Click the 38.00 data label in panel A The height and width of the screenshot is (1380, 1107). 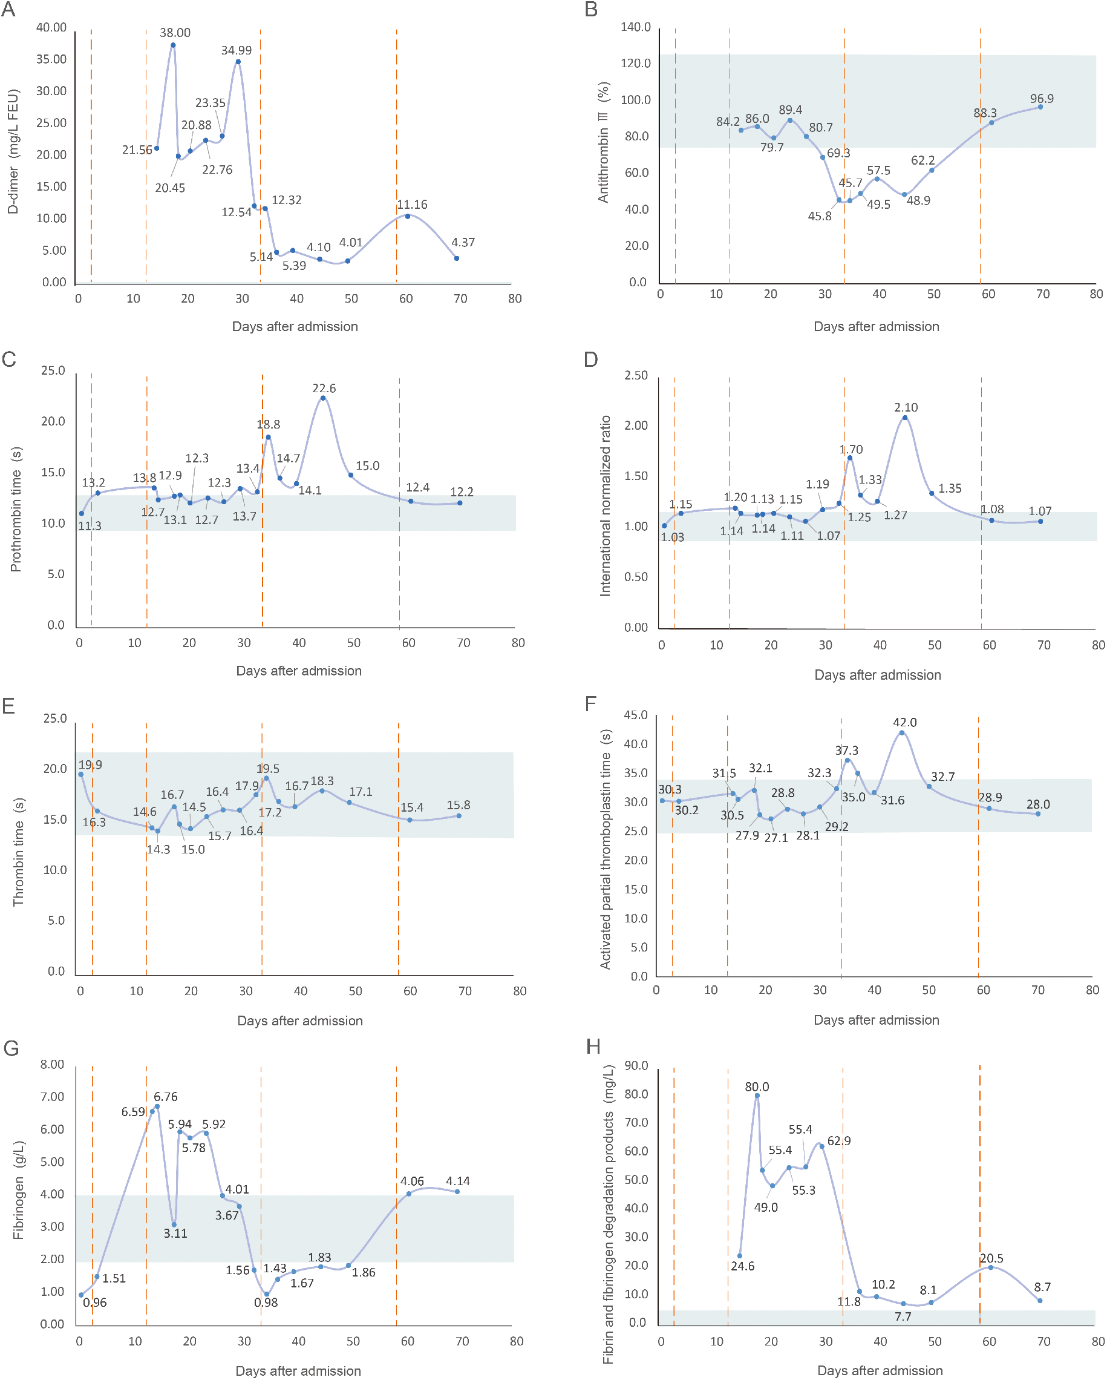pyautogui.click(x=175, y=33)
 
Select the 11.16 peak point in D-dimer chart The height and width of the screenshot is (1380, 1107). pyautogui.click(x=408, y=216)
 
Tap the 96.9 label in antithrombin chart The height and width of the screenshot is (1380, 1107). pyautogui.click(x=1041, y=99)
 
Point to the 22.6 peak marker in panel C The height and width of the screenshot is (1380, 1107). pyautogui.click(x=323, y=398)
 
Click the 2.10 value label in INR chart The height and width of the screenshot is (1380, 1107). pyautogui.click(x=906, y=407)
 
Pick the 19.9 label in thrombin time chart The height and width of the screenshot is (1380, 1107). pyautogui.click(x=90, y=765)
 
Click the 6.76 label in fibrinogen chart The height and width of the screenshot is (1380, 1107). pyautogui.click(x=165, y=1097)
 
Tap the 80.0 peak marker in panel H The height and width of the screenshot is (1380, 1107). pyautogui.click(x=757, y=1096)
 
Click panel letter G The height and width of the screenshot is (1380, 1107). pyautogui.click(x=11, y=1048)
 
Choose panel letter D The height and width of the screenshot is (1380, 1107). pyautogui.click(x=590, y=359)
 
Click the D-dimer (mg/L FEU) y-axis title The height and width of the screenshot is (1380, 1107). pyautogui.click(x=13, y=152)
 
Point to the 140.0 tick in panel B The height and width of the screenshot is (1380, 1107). pyautogui.click(x=635, y=27)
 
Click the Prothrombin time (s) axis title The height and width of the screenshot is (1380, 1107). pyautogui.click(x=16, y=510)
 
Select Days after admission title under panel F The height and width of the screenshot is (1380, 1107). pyautogui.click(x=876, y=1020)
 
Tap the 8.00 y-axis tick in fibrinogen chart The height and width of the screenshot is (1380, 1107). pyautogui.click(x=52, y=1065)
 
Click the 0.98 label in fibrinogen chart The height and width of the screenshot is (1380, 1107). pyautogui.click(x=266, y=1303)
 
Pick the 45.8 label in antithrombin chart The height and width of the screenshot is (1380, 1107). pyautogui.click(x=819, y=216)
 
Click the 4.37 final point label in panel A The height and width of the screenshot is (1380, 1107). pyautogui.click(x=463, y=243)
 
